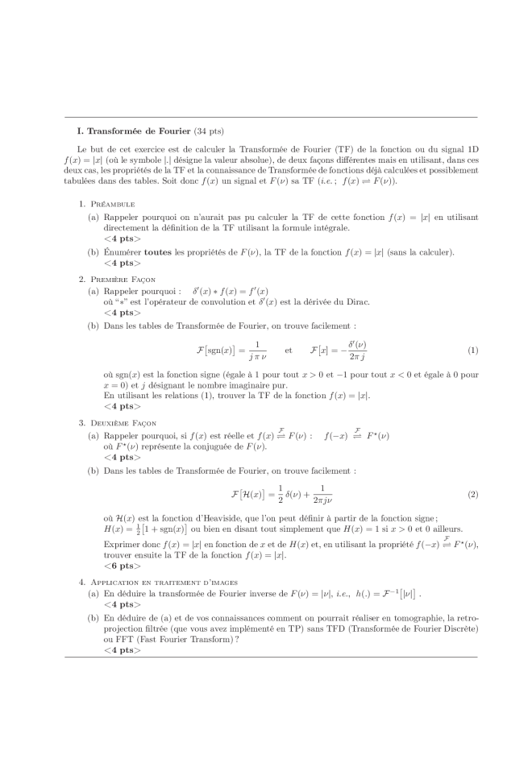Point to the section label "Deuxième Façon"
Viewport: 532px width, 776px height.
124,423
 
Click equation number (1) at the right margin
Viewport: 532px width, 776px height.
472,351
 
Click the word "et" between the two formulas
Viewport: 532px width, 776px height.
288,351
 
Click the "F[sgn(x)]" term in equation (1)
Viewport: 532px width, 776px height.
220,351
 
